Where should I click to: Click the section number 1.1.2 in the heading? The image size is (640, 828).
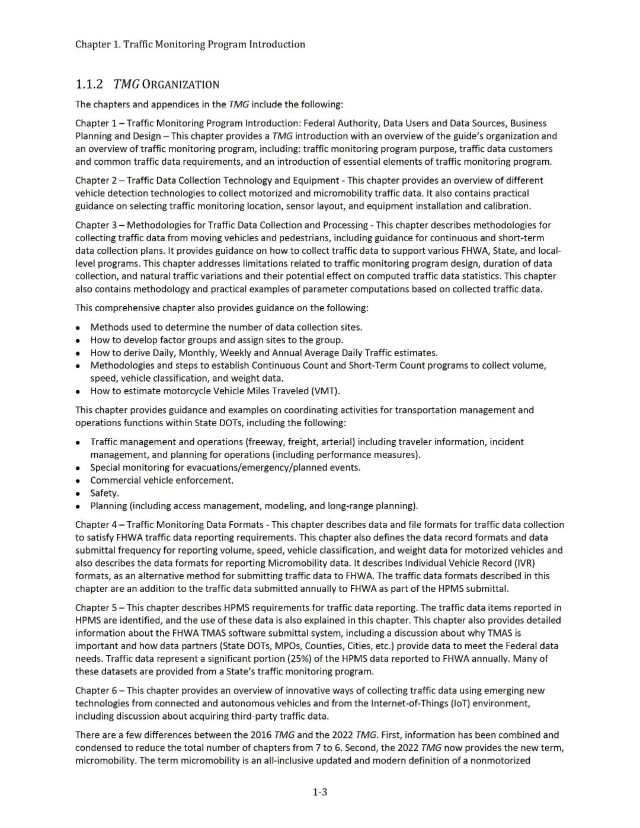click(89, 84)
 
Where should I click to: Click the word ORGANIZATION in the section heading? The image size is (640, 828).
click(181, 85)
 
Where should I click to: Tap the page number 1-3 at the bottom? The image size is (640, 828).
click(320, 792)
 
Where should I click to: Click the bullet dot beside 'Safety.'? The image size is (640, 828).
click(78, 494)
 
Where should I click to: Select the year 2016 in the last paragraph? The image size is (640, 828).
click(261, 735)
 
